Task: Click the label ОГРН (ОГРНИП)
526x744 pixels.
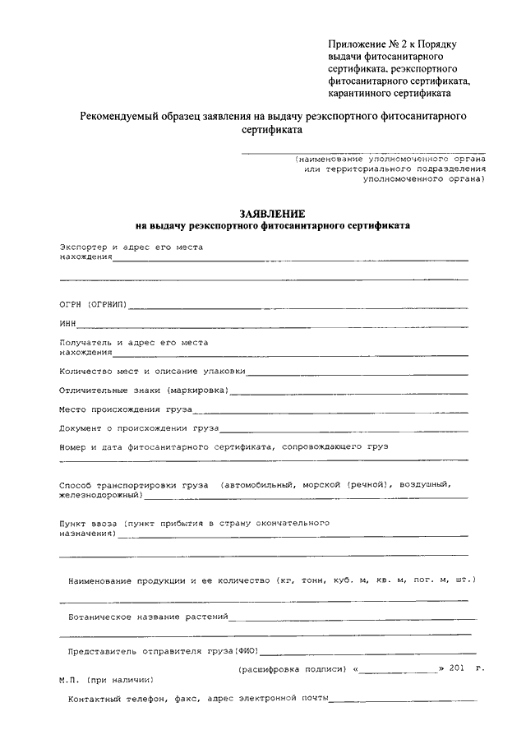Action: [x=93, y=304]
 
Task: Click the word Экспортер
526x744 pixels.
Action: [x=84, y=247]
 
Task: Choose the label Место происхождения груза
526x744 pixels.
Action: [x=125, y=408]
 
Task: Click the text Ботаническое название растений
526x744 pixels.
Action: [x=148, y=616]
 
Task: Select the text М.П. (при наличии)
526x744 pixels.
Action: [x=105, y=680]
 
